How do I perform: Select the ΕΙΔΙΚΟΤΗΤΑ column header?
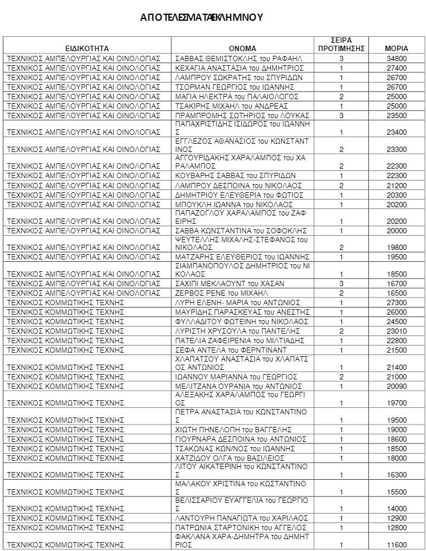tap(87, 47)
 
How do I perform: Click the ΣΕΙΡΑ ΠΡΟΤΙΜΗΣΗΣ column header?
tap(341, 43)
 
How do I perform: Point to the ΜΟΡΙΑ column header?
tap(396, 47)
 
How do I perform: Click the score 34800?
tap(396, 58)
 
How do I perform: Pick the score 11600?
tap(396, 544)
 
